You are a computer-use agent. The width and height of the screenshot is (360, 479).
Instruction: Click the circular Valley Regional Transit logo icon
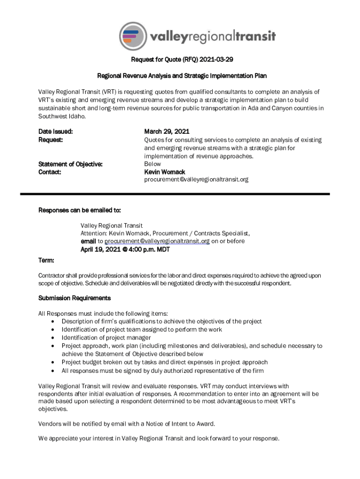point(133,36)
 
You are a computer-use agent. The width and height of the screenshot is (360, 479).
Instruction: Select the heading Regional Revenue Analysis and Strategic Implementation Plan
point(181,76)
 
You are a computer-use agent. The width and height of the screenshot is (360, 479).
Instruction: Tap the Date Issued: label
point(55,132)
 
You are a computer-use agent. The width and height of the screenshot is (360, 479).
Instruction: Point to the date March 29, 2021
point(166,132)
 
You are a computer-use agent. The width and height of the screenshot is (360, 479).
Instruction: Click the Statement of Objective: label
point(70,164)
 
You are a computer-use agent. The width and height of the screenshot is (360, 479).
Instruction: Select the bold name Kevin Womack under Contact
point(165,172)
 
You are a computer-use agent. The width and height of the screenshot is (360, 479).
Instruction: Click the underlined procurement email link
point(157,241)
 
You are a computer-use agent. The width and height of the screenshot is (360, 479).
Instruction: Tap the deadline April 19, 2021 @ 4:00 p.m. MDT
point(125,249)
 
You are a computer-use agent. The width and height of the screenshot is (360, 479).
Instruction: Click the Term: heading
point(46,260)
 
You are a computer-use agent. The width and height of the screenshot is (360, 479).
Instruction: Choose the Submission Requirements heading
point(74,298)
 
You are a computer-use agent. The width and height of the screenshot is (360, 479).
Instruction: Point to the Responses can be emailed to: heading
point(82,210)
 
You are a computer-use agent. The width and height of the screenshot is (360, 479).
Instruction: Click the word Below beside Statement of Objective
point(152,164)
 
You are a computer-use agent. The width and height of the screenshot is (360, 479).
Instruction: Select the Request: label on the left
point(50,140)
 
